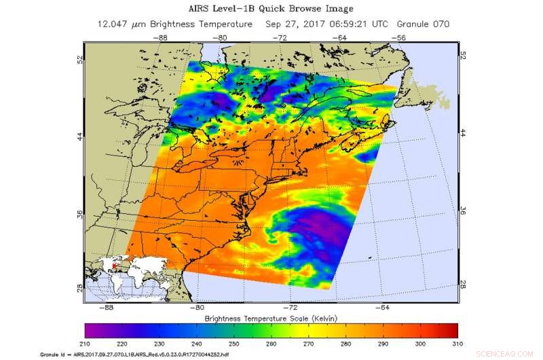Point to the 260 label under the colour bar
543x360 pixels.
point(271,344)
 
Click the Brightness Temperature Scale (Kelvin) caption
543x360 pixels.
point(271,318)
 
